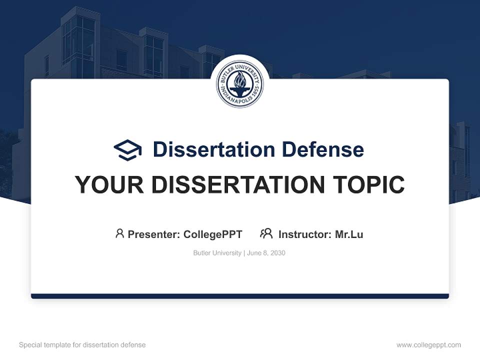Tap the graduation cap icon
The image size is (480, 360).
coord(127,150)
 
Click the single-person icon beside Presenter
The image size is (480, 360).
coord(119,233)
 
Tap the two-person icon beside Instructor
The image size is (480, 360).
coord(266,233)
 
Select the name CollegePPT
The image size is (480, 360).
coord(212,234)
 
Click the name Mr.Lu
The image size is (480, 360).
coord(349,234)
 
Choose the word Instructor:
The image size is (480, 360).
coord(304,234)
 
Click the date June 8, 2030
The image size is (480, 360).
coord(266,253)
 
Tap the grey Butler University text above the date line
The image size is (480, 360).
coord(217,253)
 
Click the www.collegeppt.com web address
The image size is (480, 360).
coord(428,345)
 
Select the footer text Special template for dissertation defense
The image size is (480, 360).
coord(82,345)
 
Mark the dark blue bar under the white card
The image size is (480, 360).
coord(239,296)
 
